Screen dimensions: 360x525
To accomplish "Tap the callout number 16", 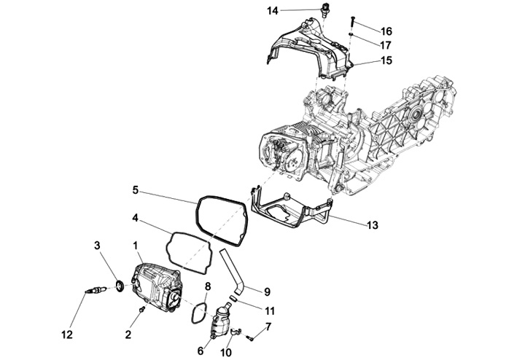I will point(386,31).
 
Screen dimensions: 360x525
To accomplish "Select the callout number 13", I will point(372,226).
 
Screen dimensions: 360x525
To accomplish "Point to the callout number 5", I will point(135,190).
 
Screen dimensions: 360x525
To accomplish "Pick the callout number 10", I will point(226,352).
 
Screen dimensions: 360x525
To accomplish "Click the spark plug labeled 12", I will point(94,293).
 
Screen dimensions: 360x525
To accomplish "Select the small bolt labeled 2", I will point(141,311).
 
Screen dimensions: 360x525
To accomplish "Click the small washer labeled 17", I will point(351,34).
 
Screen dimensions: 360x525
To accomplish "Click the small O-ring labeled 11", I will point(232,298).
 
